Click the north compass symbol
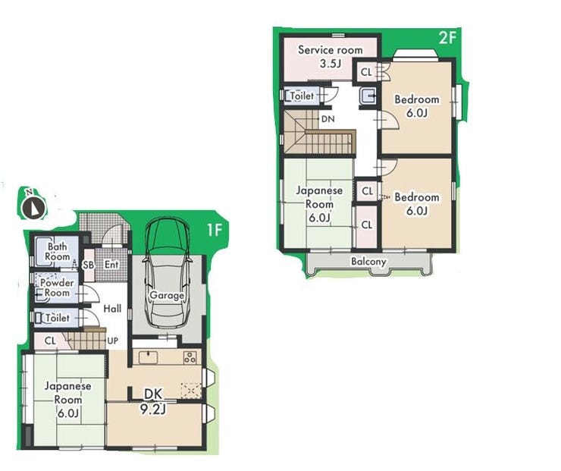tap(33, 207)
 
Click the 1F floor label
tap(215, 230)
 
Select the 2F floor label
tap(447, 37)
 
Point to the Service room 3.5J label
tap(331, 57)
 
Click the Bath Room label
tap(58, 252)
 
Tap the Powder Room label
tap(57, 287)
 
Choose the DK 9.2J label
tap(153, 401)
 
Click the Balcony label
tap(368, 261)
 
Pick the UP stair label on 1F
tap(113, 341)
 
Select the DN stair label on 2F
tap(328, 119)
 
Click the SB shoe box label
tap(89, 265)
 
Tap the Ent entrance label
tap(111, 265)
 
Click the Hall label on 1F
tap(112, 309)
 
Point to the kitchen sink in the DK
tap(148, 357)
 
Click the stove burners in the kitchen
tap(190, 357)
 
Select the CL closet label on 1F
tap(51, 341)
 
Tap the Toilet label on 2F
tap(302, 96)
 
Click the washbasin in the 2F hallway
tap(368, 96)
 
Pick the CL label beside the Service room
tap(366, 72)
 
